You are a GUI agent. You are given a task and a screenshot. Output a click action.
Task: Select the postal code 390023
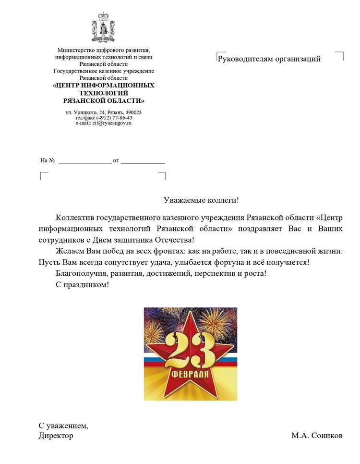[133, 112]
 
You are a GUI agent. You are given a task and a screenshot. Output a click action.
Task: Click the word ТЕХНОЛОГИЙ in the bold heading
[104, 93]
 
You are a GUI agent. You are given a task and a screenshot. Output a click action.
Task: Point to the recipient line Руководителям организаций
[269, 59]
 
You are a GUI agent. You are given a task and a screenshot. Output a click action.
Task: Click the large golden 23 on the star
[191, 352]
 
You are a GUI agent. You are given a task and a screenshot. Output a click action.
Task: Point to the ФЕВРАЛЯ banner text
[191, 374]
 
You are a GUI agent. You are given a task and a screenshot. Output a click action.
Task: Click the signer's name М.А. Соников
[317, 436]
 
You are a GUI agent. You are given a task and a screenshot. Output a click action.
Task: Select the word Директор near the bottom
[56, 436]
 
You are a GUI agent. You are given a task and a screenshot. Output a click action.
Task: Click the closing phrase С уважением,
[63, 426]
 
